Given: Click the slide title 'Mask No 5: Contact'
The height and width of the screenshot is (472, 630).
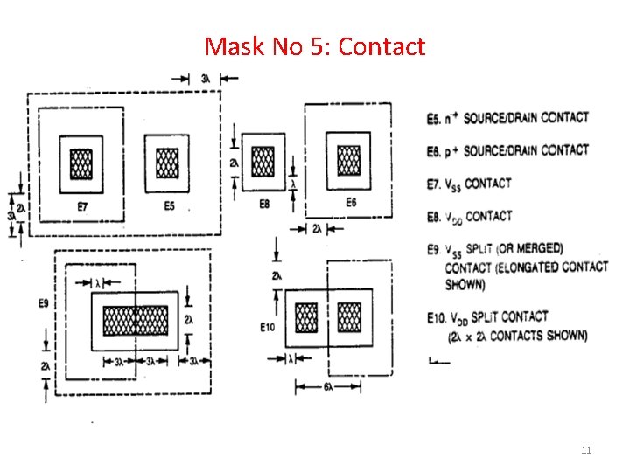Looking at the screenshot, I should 315,45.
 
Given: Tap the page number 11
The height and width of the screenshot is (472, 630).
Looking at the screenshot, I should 586,450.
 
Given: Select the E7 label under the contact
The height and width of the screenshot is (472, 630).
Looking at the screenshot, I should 82,206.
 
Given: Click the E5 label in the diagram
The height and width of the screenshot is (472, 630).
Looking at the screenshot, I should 169,206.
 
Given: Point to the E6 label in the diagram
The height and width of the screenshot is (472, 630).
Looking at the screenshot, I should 350,202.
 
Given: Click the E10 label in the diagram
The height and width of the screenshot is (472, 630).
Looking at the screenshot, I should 268,328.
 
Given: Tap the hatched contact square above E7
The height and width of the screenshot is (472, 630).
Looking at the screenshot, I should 82,163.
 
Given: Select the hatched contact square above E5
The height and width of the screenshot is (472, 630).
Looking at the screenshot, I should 167,162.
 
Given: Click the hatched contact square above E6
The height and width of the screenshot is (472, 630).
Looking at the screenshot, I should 348,160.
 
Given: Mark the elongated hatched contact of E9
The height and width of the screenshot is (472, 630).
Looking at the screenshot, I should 136,321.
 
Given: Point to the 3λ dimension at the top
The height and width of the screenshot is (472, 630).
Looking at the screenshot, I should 205,79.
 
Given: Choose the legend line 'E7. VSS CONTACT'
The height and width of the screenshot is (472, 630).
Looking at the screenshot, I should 469,184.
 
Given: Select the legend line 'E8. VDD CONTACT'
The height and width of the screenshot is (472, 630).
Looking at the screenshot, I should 470,216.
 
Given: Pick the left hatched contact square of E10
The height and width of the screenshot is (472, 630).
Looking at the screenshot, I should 306,317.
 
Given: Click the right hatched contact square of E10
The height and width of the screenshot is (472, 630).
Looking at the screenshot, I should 349,317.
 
